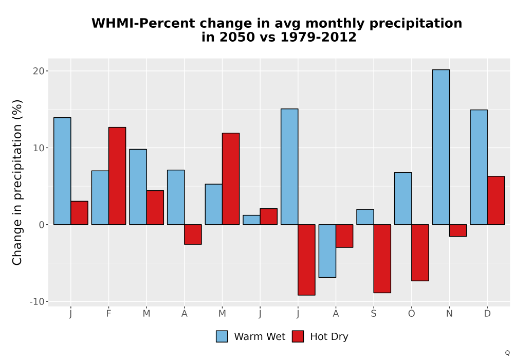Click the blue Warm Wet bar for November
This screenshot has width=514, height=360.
(x=441, y=147)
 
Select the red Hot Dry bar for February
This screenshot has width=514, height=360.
(x=117, y=176)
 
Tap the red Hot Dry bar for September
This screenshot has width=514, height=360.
(x=382, y=259)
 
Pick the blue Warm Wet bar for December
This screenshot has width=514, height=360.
(x=479, y=167)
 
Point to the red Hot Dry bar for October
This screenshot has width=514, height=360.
(x=420, y=253)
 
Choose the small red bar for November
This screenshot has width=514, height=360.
(x=458, y=230)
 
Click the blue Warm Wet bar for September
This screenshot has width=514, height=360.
(x=365, y=217)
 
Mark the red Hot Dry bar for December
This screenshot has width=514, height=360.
(x=495, y=201)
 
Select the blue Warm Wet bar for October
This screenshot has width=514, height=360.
(x=403, y=199)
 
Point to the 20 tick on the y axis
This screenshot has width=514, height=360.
(x=39, y=71)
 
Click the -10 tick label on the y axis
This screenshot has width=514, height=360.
(x=36, y=302)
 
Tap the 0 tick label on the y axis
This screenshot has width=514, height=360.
(x=41, y=225)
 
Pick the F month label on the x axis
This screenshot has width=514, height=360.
(x=108, y=314)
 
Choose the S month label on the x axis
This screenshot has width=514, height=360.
(x=374, y=314)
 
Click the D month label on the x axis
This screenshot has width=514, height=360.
(x=487, y=314)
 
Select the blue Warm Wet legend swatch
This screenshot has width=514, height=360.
(x=222, y=336)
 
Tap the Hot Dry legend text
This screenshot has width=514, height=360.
(x=329, y=337)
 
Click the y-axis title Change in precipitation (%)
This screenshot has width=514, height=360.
(x=17, y=182)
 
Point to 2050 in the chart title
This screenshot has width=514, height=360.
(x=237, y=37)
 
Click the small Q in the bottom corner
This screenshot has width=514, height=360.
(x=507, y=353)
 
